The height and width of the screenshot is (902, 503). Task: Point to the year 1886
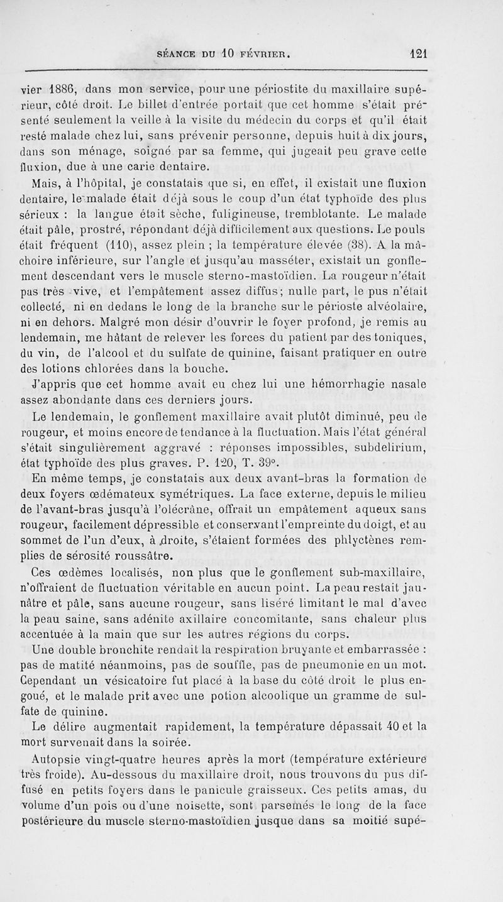tap(48, 89)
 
